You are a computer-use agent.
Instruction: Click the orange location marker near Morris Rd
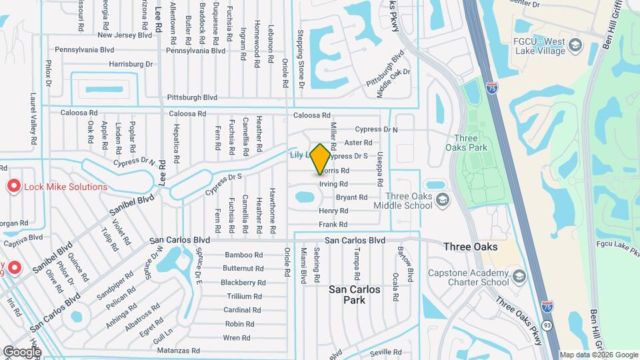pos(320,159)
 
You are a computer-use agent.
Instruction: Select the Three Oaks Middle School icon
pos(441,201)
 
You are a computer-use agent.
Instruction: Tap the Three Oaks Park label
pos(467,143)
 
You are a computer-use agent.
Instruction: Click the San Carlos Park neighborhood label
pos(355,295)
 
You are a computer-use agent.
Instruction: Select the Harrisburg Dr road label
pos(131,64)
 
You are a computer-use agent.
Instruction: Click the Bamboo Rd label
pos(244,255)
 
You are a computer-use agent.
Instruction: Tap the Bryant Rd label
pos(351,197)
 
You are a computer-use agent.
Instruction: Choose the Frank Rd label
pos(333,225)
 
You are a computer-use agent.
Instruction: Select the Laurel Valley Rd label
pos(32,119)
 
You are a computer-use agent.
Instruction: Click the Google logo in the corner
pos(21,351)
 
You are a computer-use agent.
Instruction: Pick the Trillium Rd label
pos(244,296)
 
